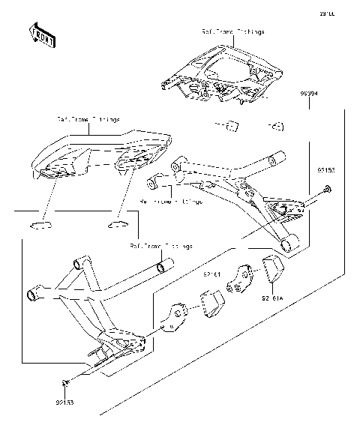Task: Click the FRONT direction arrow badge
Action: pos(42,35)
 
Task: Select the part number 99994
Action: pos(310,94)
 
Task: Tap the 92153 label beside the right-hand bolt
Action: pos(323,172)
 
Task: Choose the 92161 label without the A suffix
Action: pos(212,275)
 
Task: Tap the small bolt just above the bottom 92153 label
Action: pos(66,384)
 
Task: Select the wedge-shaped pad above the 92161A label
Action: pos(270,271)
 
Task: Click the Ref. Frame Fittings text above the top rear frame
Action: pos(232,33)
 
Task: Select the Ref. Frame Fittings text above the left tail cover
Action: pos(88,119)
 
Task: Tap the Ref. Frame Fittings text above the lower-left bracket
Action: pos(160,245)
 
